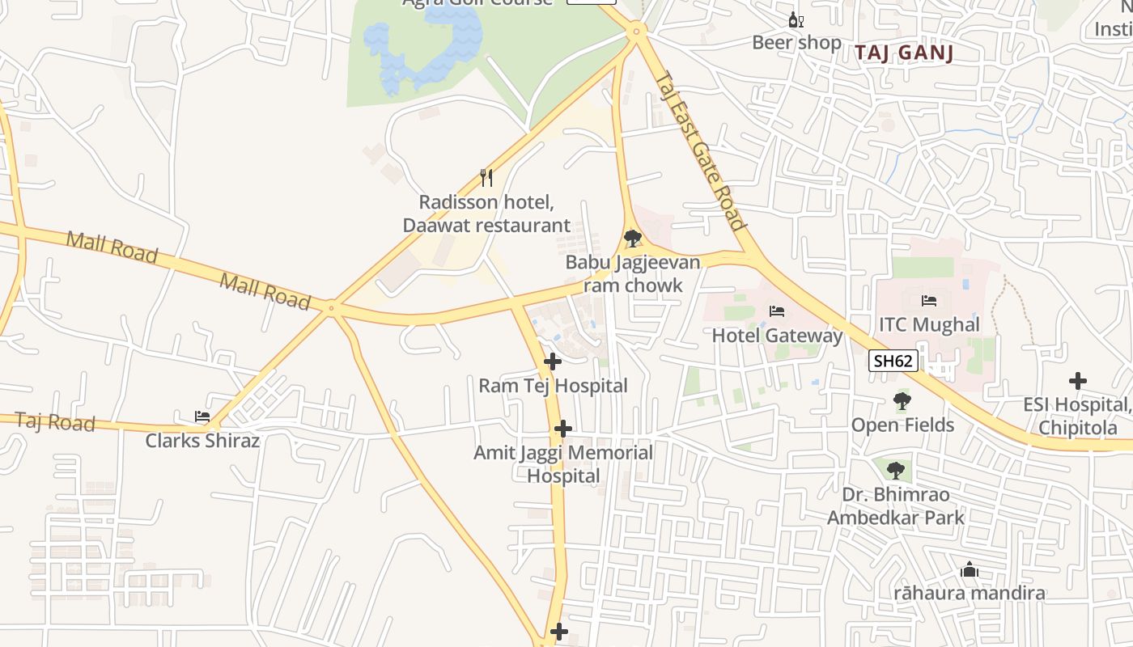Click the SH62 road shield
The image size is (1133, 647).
point(893,361)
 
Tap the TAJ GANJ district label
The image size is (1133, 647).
point(904,53)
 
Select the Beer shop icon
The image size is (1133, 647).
point(796,20)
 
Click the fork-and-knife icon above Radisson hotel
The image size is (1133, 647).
point(486,178)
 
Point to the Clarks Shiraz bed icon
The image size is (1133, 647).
point(202,417)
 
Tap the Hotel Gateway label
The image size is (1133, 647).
point(777,335)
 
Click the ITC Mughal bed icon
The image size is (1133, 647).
point(929,301)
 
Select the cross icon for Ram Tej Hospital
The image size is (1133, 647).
point(553,362)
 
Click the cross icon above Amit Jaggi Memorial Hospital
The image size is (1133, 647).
point(563,429)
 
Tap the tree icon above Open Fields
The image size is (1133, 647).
point(902,401)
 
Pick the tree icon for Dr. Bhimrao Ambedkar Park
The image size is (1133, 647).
point(895,470)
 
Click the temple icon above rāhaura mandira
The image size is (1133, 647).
point(969,570)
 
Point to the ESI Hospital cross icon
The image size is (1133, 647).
point(1077,381)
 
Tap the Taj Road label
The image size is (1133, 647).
point(55,422)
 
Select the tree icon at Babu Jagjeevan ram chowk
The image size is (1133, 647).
point(633,238)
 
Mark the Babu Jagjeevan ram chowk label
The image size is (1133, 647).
point(633,274)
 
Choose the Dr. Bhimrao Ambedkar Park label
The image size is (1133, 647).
point(896,505)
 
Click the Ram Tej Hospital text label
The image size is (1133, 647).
point(553,386)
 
